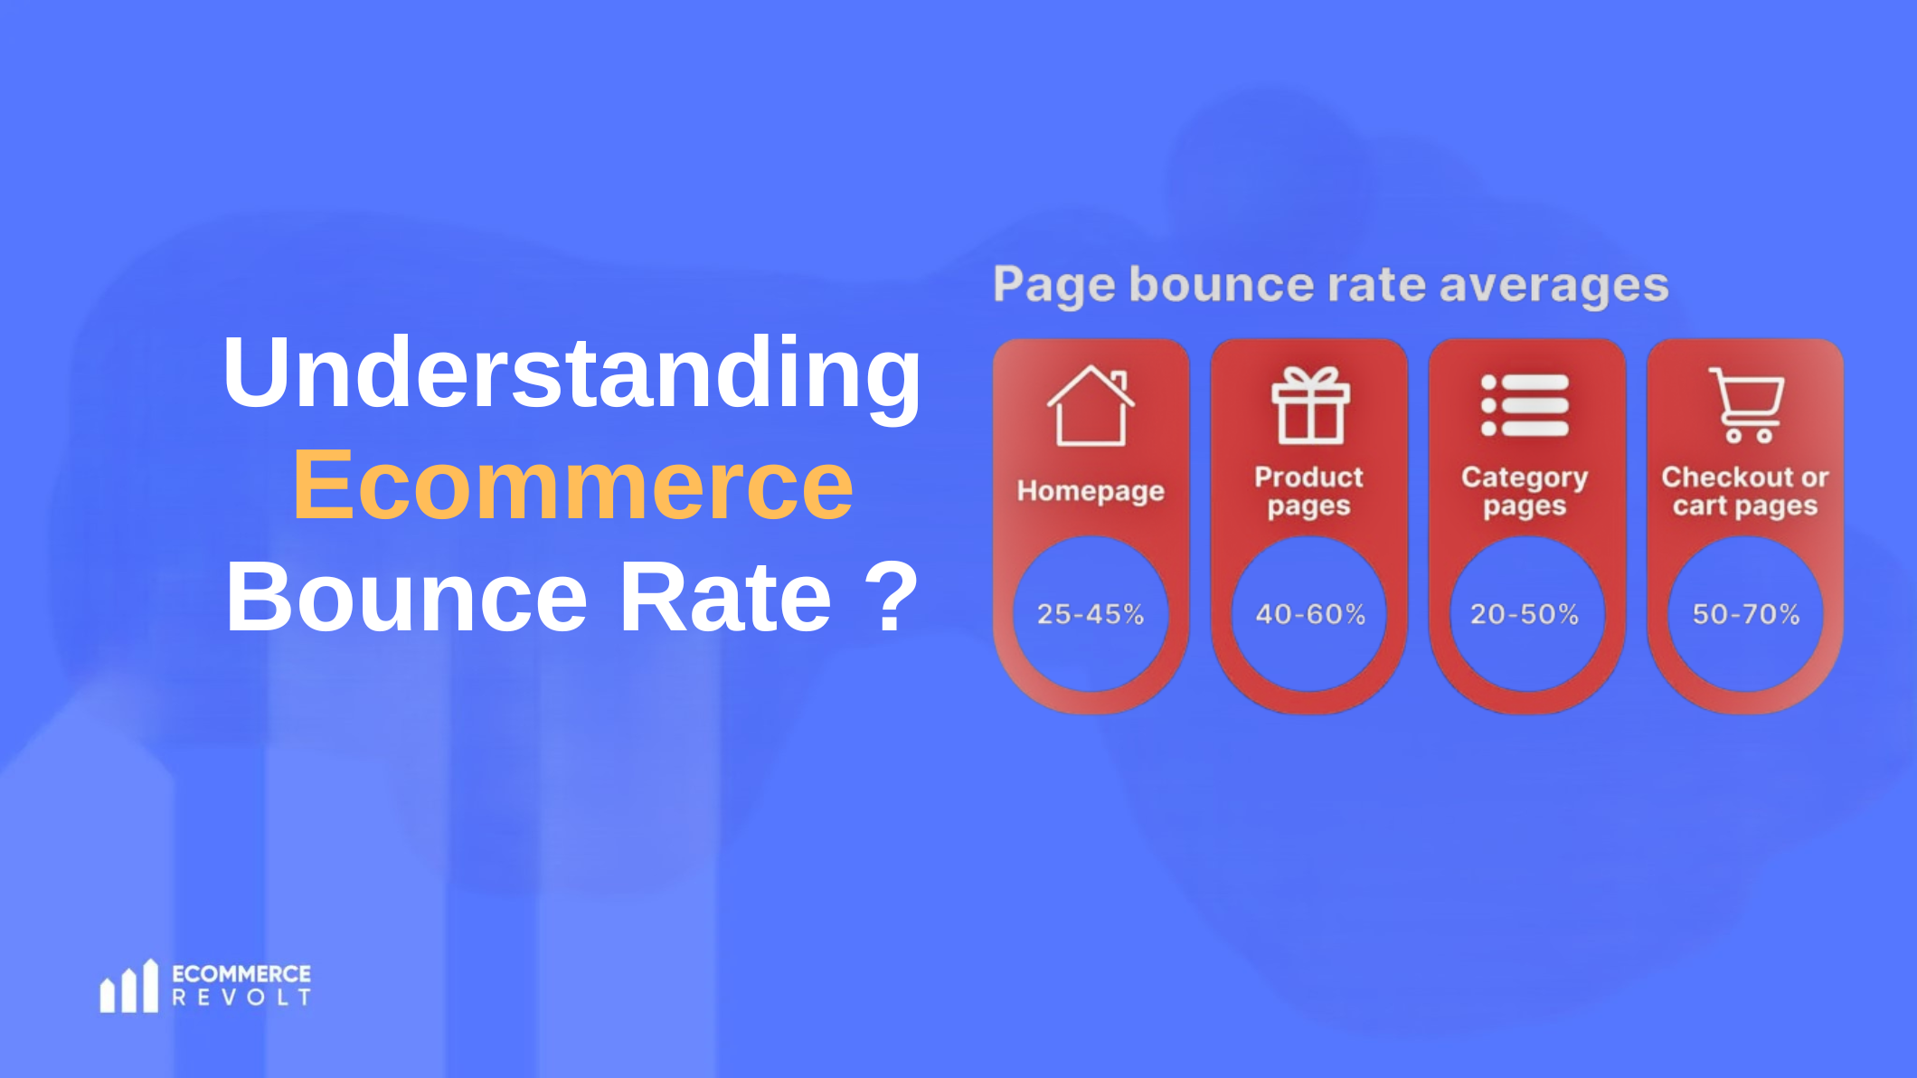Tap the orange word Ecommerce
[573, 487]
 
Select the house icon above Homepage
[1091, 406]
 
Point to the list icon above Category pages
[1525, 405]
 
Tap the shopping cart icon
[1746, 404]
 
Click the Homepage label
[1091, 491]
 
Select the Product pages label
[1308, 491]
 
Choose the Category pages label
[1525, 491]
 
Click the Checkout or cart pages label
[1745, 491]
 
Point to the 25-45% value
[1091, 614]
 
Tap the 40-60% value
[1309, 614]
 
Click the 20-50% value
[1525, 614]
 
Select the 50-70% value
[1746, 614]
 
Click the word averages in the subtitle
[1553, 286]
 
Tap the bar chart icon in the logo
[128, 987]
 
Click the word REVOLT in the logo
[241, 998]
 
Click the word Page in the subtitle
[1054, 286]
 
